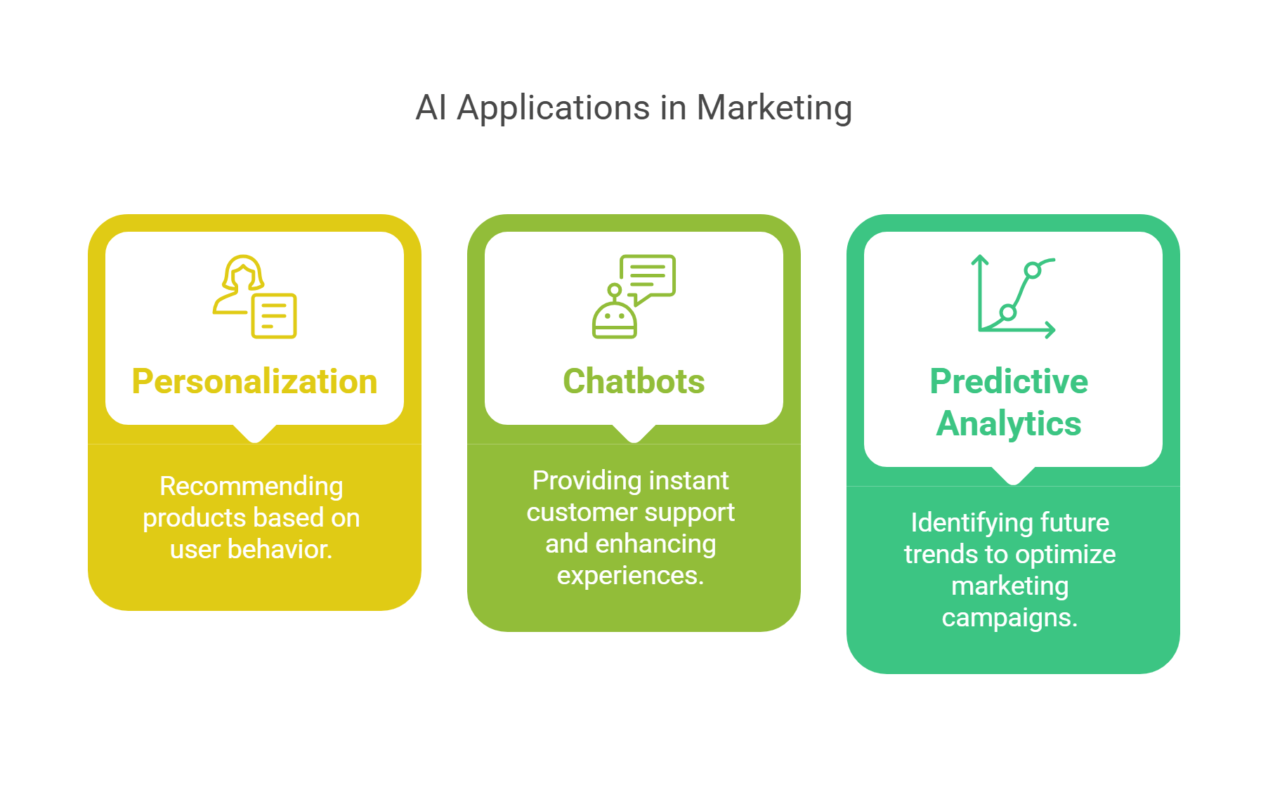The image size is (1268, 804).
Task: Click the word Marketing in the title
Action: [774, 108]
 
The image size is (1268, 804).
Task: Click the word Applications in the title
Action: [554, 108]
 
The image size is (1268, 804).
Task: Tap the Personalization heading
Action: [254, 381]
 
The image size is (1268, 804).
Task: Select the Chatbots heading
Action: [634, 381]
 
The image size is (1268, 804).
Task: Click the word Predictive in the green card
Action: [1009, 381]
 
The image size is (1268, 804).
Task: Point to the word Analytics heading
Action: [1009, 423]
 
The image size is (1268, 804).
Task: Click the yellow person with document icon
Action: [254, 296]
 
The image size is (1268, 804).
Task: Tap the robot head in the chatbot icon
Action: [615, 319]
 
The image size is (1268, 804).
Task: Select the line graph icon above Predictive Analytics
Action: [1014, 297]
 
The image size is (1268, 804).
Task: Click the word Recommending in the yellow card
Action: [251, 486]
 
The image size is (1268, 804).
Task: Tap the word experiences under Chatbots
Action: [630, 576]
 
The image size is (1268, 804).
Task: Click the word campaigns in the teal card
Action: [1009, 618]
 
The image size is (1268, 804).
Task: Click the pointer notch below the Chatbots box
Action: [634, 435]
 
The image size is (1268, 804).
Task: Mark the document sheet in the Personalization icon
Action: [274, 316]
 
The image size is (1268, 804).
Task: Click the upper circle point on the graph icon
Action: [1032, 270]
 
